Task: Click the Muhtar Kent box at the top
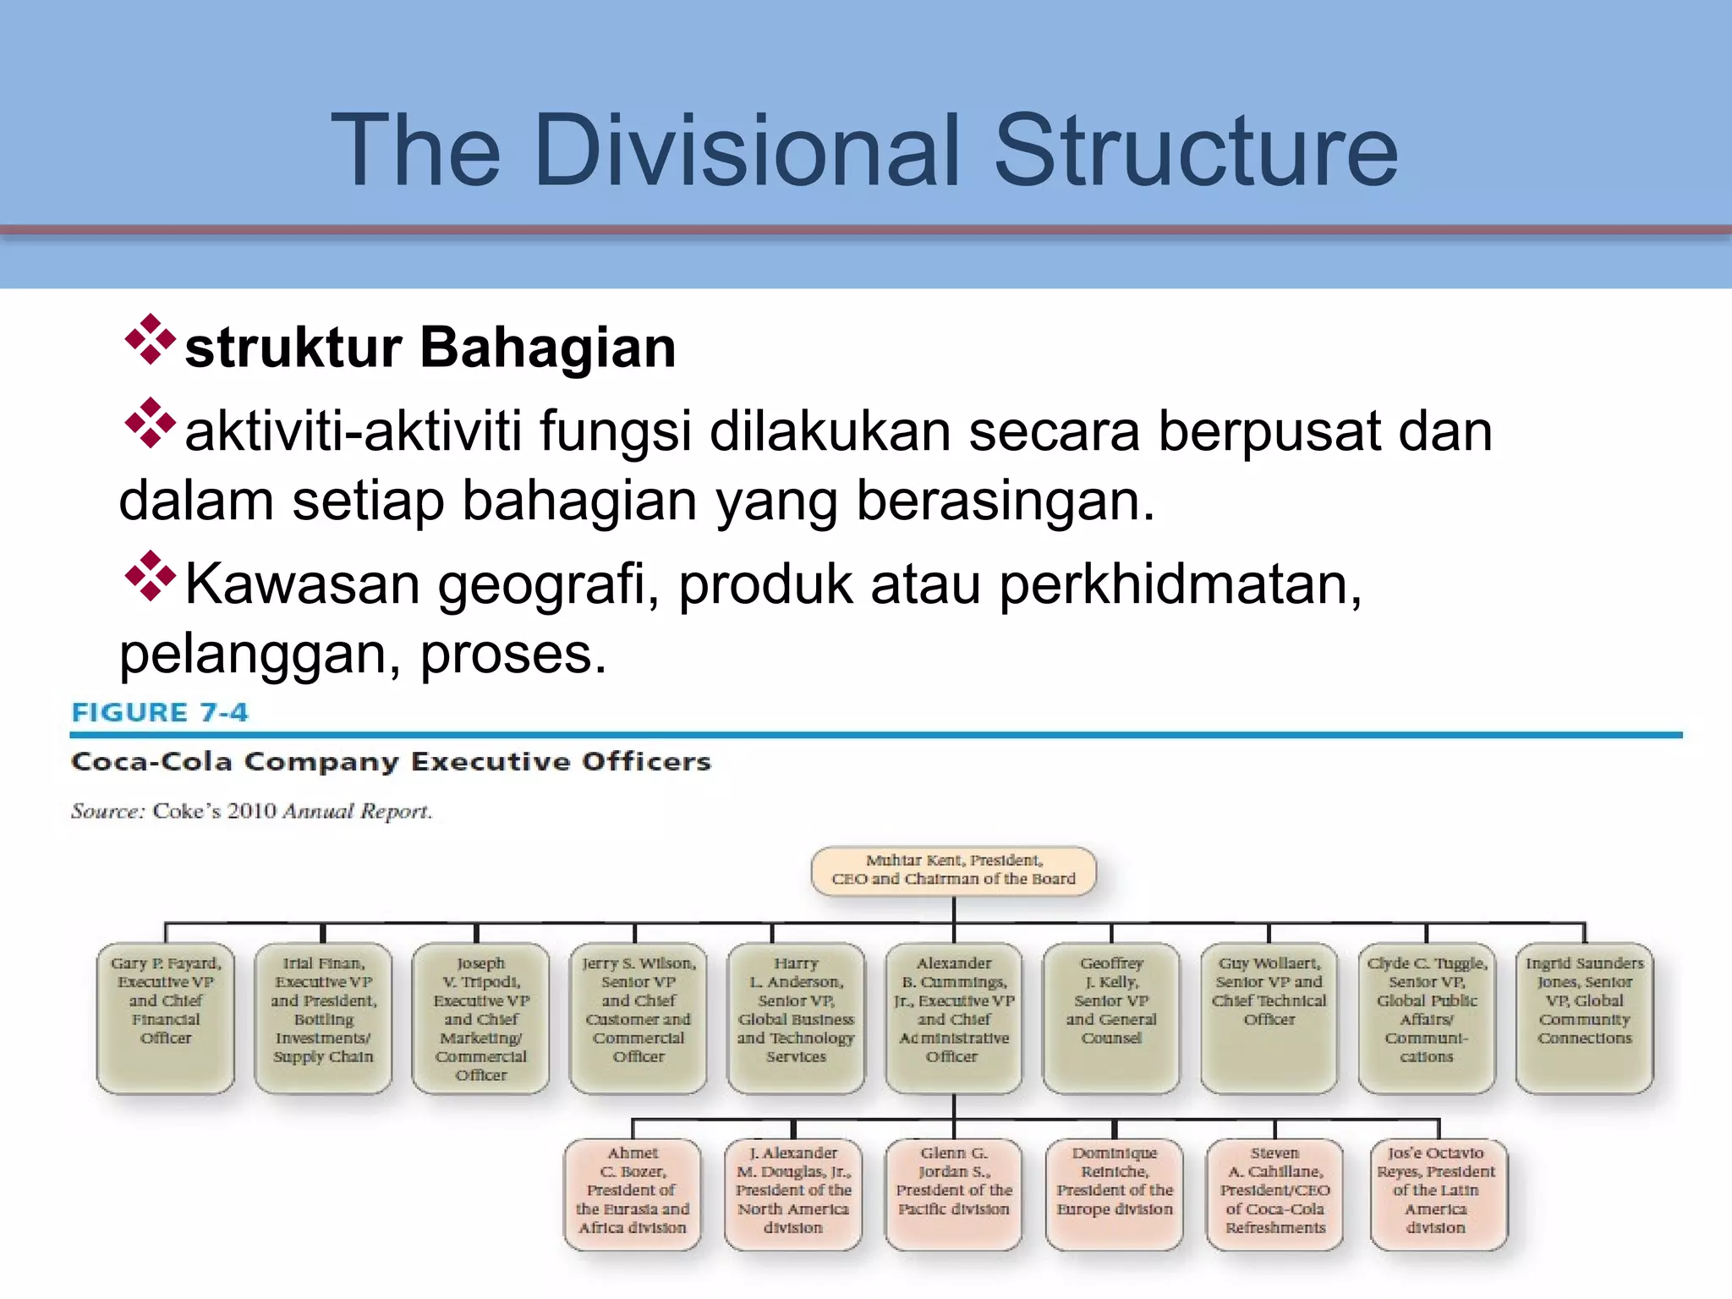pyautogui.click(x=953, y=870)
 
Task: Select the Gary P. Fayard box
pyautogui.click(x=166, y=1017)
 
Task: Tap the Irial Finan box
pyautogui.click(x=323, y=1017)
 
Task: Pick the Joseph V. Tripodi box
pyautogui.click(x=480, y=1017)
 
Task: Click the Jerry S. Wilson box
pyautogui.click(x=639, y=1017)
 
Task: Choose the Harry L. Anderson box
pyautogui.click(x=796, y=1017)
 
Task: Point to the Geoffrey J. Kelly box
pyautogui.click(x=1111, y=1017)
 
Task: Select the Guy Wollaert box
pyautogui.click(x=1269, y=1017)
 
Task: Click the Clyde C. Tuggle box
pyautogui.click(x=1427, y=1017)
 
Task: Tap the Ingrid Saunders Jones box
pyautogui.click(x=1584, y=1017)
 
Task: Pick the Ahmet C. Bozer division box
pyautogui.click(x=633, y=1193)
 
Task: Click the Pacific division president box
pyautogui.click(x=954, y=1193)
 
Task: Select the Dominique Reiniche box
pyautogui.click(x=1114, y=1193)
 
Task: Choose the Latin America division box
pyautogui.click(x=1439, y=1193)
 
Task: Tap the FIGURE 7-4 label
pyautogui.click(x=160, y=712)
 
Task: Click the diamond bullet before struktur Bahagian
pyautogui.click(x=150, y=340)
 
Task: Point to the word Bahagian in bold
pyautogui.click(x=548, y=348)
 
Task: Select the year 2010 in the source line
pyautogui.click(x=252, y=811)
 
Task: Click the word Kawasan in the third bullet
pyautogui.click(x=302, y=584)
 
